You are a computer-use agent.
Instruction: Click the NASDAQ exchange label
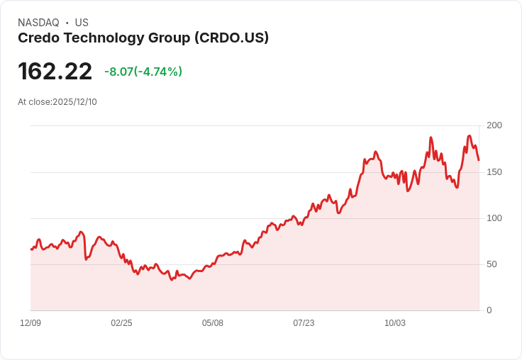38,23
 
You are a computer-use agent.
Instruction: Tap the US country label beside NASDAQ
82,23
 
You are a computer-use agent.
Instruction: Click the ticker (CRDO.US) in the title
231,38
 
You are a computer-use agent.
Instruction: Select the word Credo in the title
36,38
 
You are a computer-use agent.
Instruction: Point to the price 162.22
55,72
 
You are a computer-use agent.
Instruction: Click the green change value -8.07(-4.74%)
143,72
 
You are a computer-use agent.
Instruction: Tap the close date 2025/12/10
74,102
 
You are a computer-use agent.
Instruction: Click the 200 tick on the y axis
494,125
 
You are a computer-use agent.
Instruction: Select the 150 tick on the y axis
494,171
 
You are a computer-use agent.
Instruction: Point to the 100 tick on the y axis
494,218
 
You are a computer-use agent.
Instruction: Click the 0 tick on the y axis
489,310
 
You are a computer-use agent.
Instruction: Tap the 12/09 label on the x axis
30,323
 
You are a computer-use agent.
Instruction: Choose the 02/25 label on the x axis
121,323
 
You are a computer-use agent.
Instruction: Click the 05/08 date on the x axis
213,323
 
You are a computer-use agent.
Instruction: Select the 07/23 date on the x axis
304,323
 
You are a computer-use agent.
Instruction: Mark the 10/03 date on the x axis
395,323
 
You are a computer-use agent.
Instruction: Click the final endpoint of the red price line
479,160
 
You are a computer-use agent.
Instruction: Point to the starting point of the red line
31,249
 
